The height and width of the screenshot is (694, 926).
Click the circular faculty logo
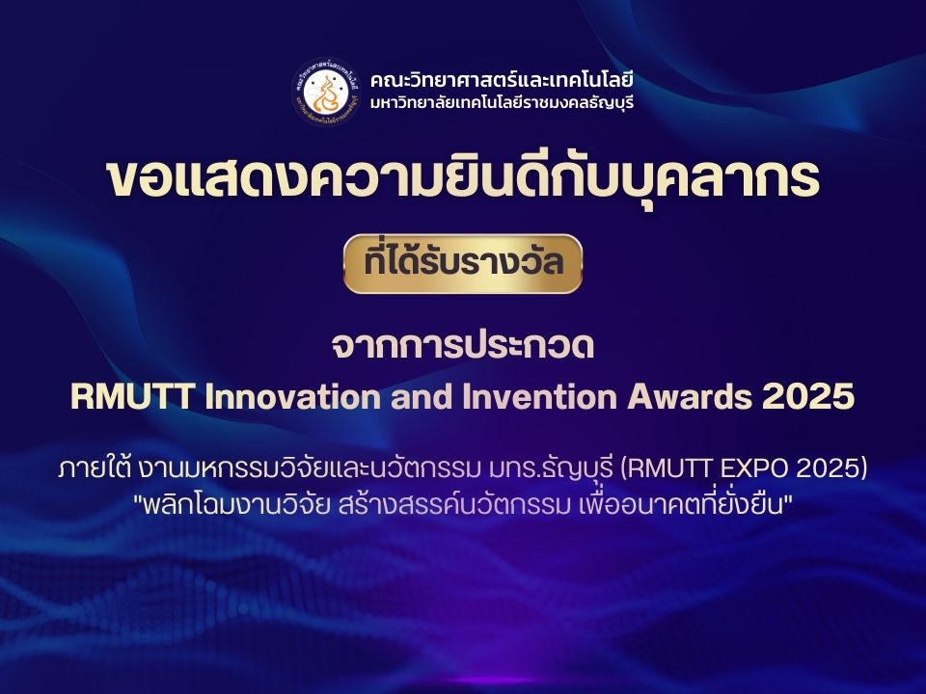click(327, 93)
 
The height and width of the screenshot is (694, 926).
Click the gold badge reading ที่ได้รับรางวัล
click(463, 264)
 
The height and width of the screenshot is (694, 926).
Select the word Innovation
click(292, 396)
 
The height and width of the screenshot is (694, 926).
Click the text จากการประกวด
click(463, 346)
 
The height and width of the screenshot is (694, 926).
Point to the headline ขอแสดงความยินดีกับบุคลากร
click(463, 179)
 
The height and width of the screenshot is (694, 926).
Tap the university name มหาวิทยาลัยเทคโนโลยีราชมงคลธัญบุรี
click(502, 103)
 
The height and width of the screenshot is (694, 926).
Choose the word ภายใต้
click(93, 468)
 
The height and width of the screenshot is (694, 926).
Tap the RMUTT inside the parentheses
click(665, 469)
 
